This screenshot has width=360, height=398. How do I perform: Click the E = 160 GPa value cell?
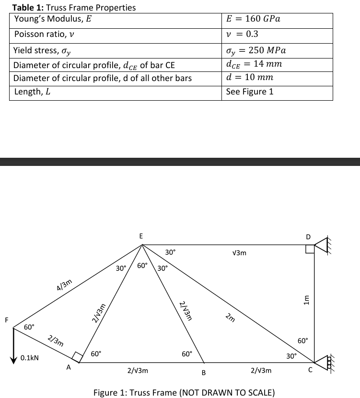click(x=253, y=19)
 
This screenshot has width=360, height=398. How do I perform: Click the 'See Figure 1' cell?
click(x=249, y=92)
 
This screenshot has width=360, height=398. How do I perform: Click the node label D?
click(x=308, y=237)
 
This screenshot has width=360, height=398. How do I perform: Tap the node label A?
click(x=68, y=368)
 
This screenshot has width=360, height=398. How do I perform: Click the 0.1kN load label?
click(x=30, y=358)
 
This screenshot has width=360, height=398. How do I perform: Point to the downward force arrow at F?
click(x=14, y=343)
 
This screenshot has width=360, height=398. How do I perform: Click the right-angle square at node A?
click(x=77, y=357)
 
